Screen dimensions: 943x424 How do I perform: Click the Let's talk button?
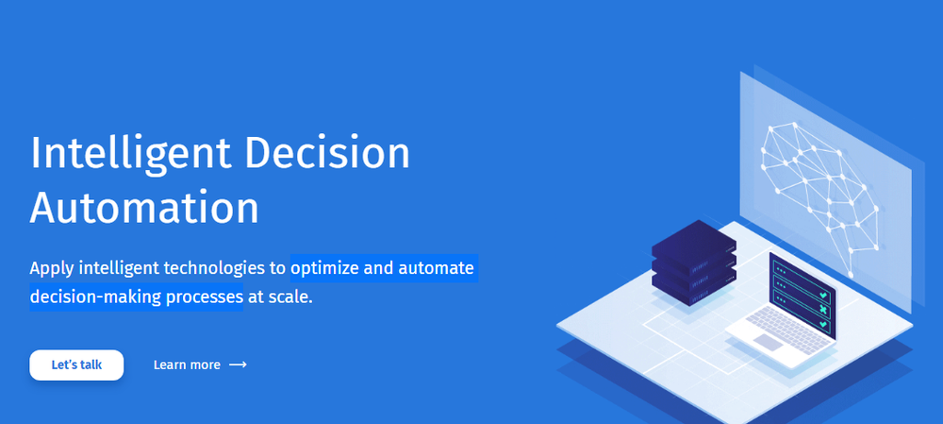point(76,365)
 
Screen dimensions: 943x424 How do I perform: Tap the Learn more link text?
point(187,365)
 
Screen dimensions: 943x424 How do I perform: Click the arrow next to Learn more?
point(239,365)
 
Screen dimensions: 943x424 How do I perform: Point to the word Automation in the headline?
point(144,207)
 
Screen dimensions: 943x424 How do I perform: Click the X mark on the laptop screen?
point(822,310)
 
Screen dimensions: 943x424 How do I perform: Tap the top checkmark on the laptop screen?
point(824,296)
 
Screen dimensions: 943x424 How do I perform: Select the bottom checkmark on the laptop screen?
point(822,325)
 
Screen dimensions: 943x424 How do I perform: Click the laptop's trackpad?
point(769,342)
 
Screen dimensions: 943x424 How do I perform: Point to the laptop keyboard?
point(788,331)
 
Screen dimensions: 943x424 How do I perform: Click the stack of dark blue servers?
point(694,263)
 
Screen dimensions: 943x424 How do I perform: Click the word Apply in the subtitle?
point(52,269)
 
